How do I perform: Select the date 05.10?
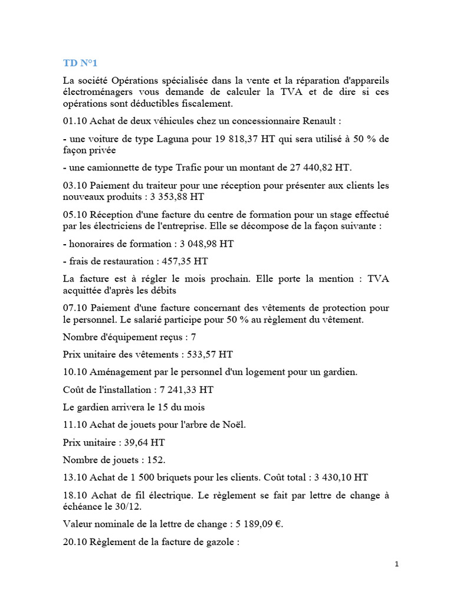(74, 214)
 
